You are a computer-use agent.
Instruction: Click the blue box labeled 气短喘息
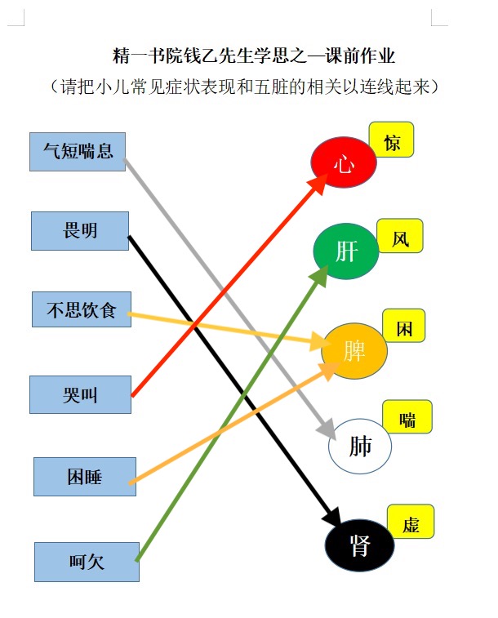78,152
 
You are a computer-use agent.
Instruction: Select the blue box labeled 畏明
80,231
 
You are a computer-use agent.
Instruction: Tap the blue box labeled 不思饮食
82,309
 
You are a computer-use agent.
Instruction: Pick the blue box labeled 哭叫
80,394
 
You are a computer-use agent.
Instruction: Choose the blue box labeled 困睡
85,477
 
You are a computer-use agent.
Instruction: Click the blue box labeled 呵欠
87,562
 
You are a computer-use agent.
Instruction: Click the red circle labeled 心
344,162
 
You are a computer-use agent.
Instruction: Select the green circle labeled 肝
346,251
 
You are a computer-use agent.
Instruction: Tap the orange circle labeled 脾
354,351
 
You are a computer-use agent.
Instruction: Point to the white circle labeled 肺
360,447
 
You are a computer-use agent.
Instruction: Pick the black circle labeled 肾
359,545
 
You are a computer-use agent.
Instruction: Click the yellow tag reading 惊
391,140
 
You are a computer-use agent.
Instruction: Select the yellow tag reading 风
400,236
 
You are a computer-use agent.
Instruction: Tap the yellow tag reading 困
404,326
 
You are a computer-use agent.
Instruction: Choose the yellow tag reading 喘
407,416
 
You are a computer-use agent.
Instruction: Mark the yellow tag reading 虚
411,522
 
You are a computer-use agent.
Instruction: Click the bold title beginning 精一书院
254,56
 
